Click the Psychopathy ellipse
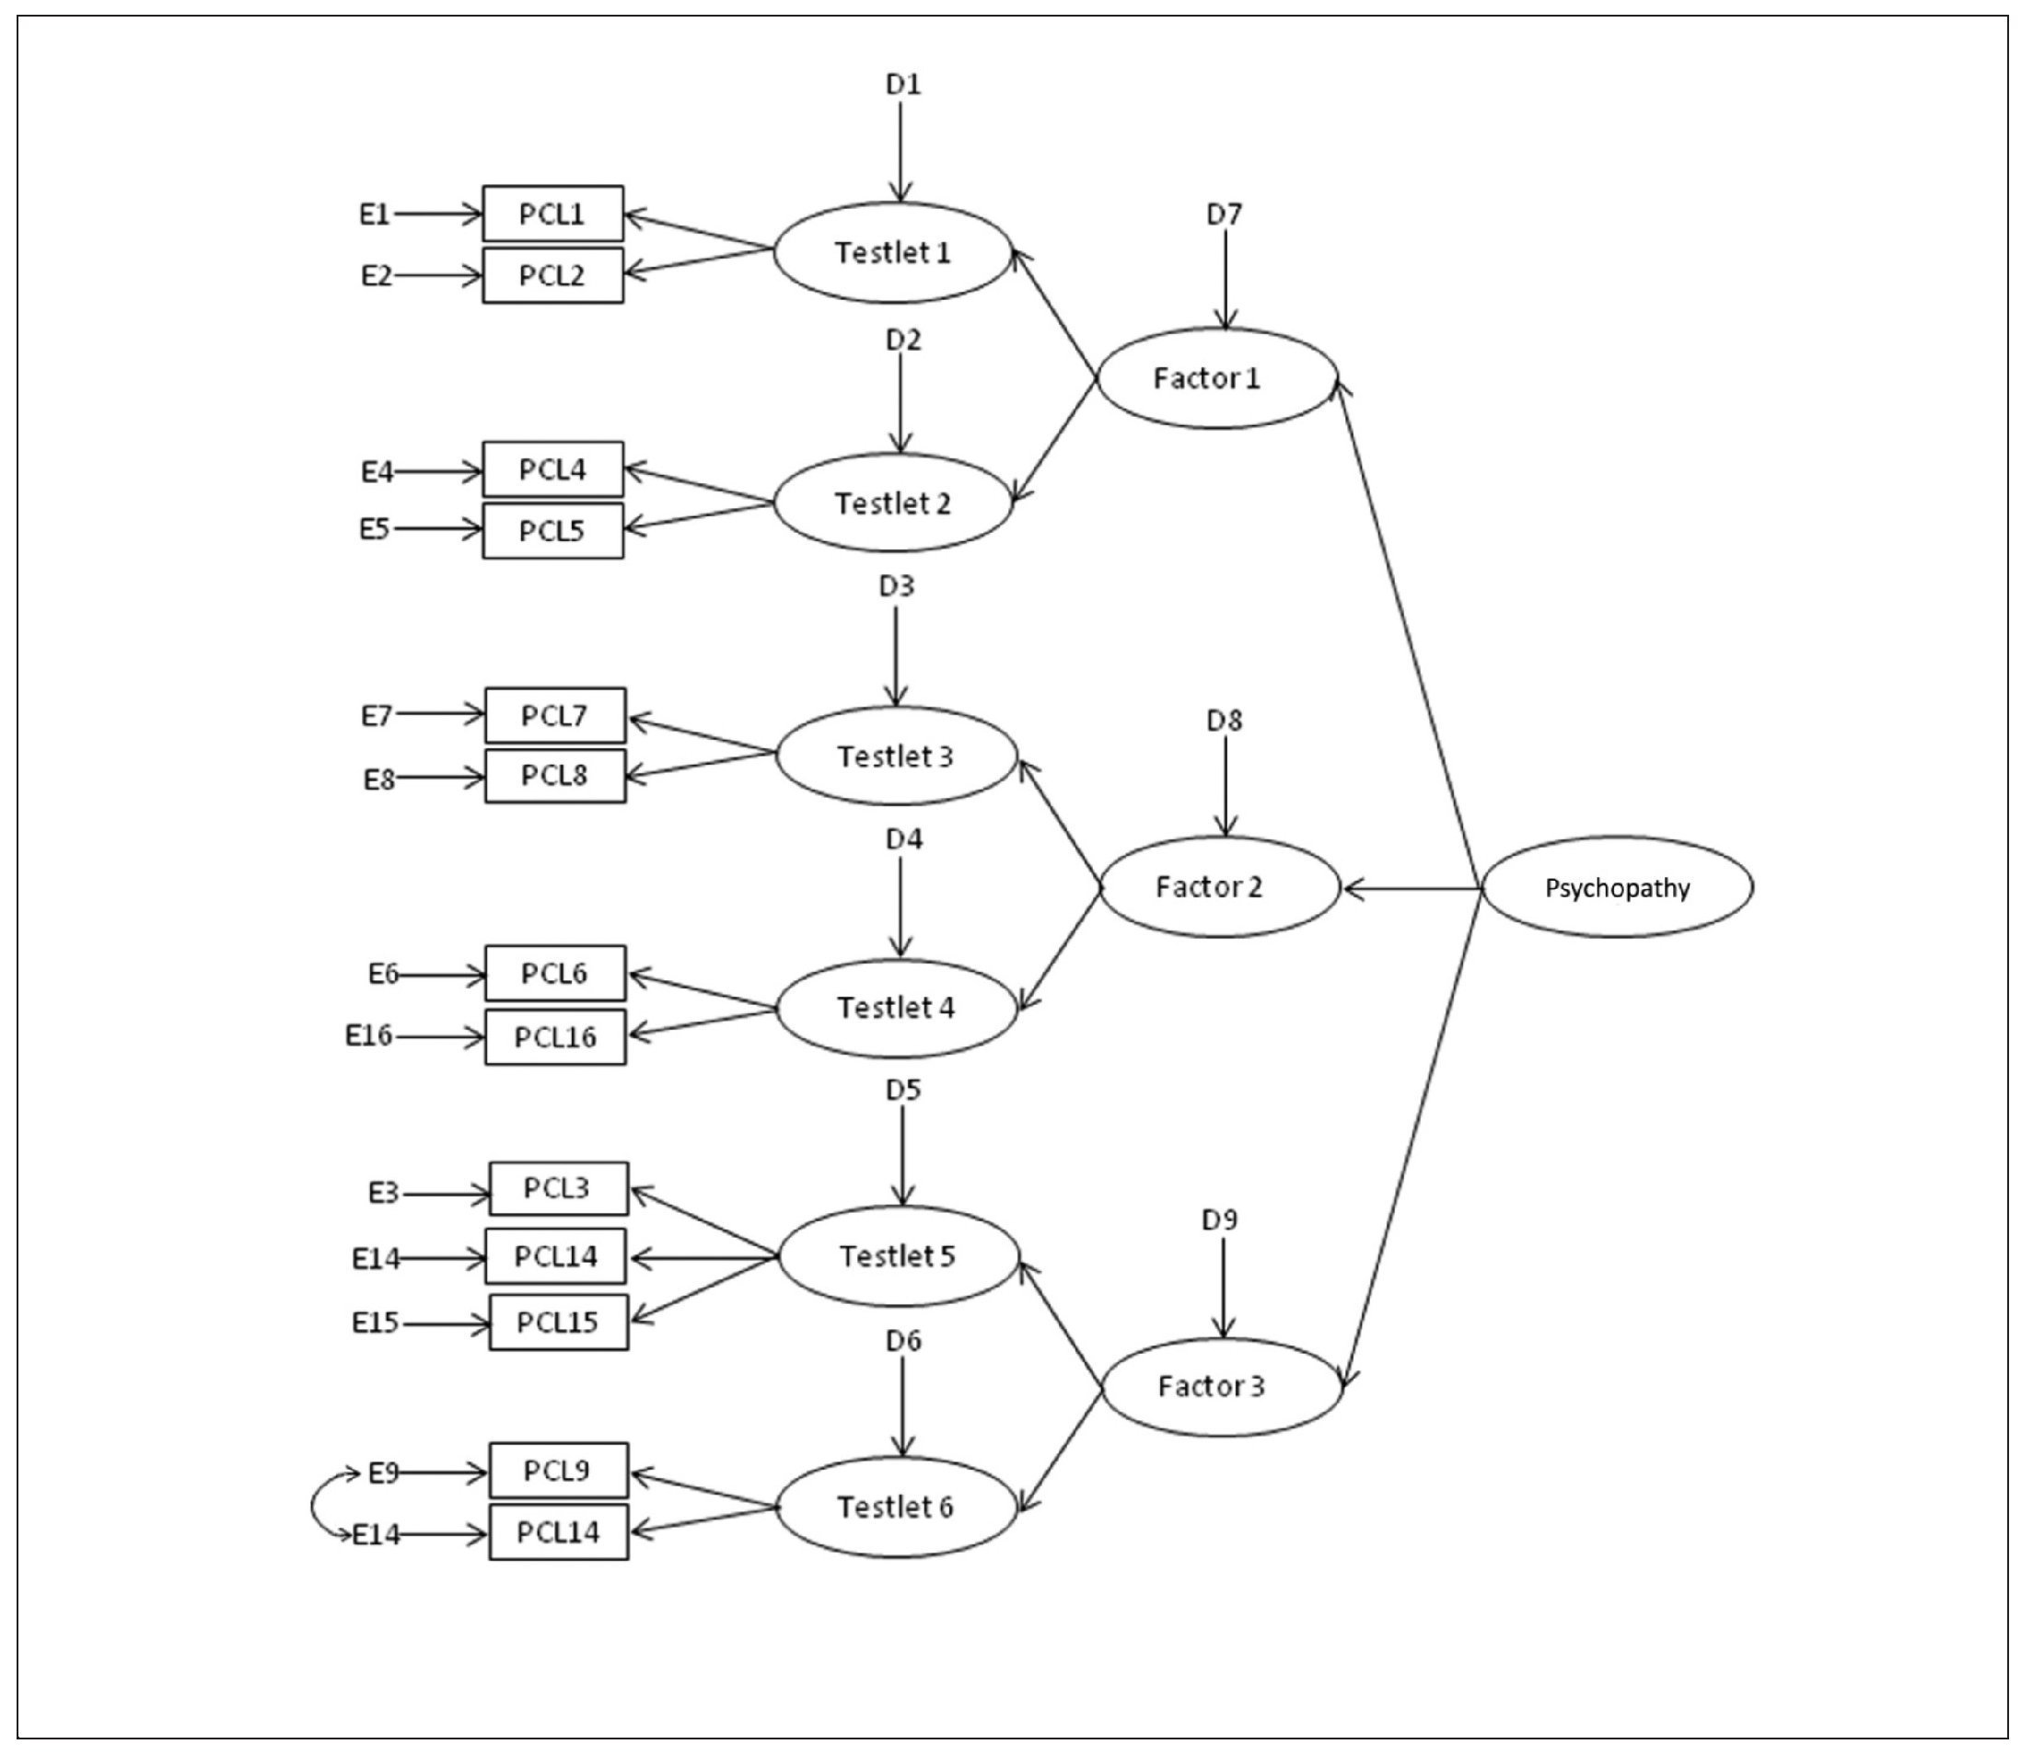[x=1616, y=888]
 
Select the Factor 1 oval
[x=1216, y=378]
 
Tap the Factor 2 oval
[x=1220, y=888]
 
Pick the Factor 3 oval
[x=1222, y=1387]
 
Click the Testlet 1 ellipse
[x=892, y=253]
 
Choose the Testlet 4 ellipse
[x=896, y=1009]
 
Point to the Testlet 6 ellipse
[x=896, y=1507]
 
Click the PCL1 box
[x=552, y=214]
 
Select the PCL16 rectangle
[x=555, y=1037]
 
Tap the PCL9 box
[x=557, y=1471]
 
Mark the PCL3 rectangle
[x=557, y=1189]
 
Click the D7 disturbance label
[x=1224, y=214]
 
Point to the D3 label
[x=896, y=586]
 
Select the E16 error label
[x=369, y=1035]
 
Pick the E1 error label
[x=375, y=214]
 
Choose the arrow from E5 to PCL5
[x=437, y=530]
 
